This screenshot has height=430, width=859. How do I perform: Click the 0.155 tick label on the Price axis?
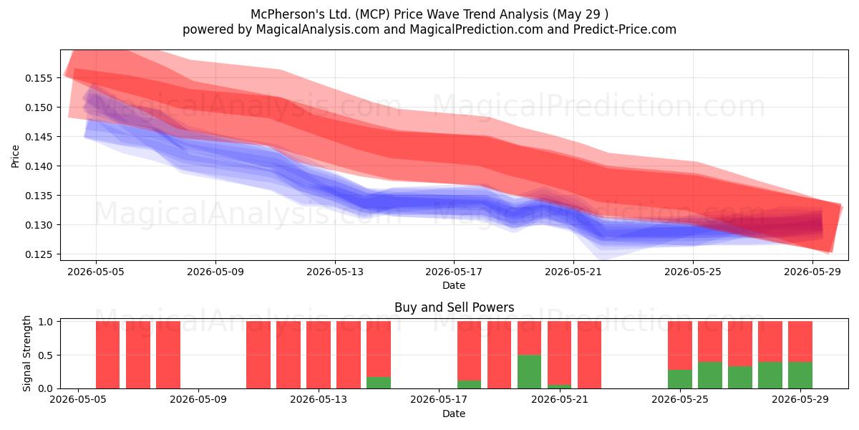coord(39,78)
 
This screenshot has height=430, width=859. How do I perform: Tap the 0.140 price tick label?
coord(39,166)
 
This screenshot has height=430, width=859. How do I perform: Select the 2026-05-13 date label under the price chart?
coord(335,272)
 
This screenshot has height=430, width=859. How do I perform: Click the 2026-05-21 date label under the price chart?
coord(573,272)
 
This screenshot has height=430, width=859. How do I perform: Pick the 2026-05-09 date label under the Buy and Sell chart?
coord(198,400)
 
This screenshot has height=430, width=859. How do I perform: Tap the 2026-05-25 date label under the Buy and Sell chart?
coord(680,400)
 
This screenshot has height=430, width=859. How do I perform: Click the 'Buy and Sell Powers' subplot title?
coord(454,307)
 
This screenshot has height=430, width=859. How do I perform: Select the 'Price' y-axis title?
coord(15,156)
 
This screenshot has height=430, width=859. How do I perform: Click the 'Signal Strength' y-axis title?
coord(26,353)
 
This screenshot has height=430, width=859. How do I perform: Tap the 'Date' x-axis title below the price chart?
coord(454,285)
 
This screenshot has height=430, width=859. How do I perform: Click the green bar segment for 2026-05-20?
coord(529,372)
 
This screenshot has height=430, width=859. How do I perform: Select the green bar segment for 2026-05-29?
coord(800,375)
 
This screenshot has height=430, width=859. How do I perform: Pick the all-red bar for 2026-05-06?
coord(108,355)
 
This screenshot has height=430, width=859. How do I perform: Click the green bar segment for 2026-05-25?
coord(680,379)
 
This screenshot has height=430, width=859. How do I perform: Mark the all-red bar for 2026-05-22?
coord(589,355)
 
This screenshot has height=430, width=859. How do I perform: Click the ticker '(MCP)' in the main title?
coord(372,14)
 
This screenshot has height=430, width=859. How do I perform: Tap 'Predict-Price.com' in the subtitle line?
coord(625,29)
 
